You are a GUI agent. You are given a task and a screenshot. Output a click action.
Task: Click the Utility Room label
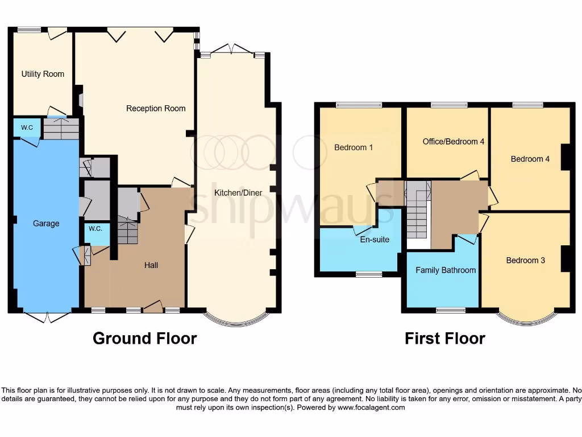click(x=43, y=74)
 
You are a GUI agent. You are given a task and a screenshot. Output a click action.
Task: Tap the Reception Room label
click(x=156, y=109)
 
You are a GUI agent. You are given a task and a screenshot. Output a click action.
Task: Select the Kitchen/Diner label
click(x=238, y=193)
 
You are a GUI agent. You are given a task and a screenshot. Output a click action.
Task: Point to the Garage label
click(x=46, y=224)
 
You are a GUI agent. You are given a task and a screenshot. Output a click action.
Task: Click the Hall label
click(x=151, y=265)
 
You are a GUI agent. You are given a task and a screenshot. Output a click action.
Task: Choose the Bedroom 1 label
click(x=354, y=147)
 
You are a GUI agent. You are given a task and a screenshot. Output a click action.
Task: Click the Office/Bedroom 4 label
click(x=454, y=141)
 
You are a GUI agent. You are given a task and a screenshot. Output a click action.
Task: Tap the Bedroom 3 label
click(x=526, y=261)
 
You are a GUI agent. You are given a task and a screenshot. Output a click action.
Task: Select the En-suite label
click(x=375, y=240)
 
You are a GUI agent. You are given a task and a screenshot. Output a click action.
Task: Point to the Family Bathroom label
click(x=446, y=270)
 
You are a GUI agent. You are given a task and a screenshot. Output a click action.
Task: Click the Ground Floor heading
click(x=144, y=339)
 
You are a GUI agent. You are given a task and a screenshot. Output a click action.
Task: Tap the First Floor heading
click(x=444, y=339)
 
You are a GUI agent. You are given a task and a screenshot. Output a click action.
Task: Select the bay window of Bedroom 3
click(x=526, y=320)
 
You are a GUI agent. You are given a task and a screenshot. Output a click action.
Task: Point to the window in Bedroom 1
click(x=359, y=105)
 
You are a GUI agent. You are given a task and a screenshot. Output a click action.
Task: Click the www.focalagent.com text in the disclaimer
click(x=371, y=407)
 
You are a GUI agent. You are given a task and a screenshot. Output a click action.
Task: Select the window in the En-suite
click(x=369, y=274)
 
